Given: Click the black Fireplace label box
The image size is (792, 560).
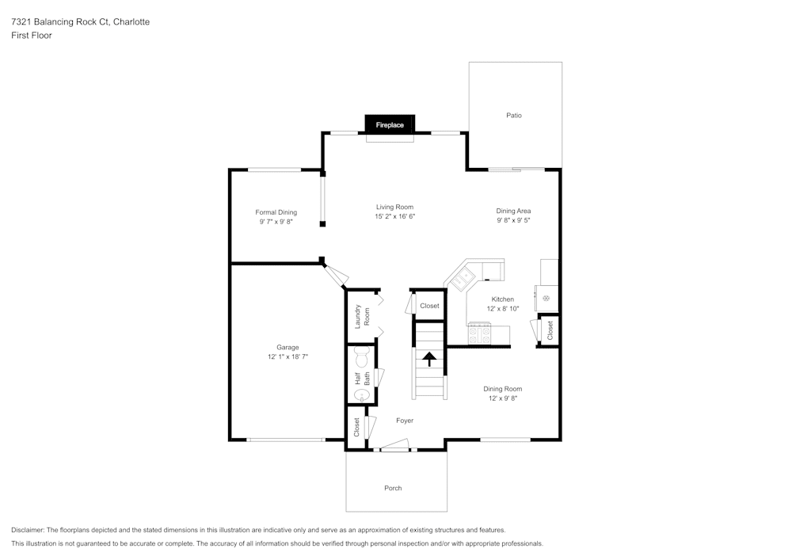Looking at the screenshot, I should point(390,125).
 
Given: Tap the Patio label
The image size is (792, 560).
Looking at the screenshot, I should point(514,116).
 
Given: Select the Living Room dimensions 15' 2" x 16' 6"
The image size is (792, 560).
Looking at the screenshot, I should point(395,216).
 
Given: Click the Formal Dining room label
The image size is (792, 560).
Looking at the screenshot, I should point(276,212).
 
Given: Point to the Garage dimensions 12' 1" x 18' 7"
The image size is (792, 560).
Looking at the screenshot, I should point(287,357).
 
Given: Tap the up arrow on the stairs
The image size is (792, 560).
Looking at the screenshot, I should point(428,360).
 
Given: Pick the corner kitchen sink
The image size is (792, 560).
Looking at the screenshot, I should point(462,277).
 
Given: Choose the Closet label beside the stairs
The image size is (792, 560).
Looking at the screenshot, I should point(429,306).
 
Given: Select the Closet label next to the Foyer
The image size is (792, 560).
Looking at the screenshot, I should point(356,428).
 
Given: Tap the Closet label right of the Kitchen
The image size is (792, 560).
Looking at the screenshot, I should point(550,330).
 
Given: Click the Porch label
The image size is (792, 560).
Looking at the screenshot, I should point(393,488).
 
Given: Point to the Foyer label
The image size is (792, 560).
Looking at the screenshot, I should point(405,421).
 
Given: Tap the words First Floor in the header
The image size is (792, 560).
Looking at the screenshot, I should point(32,36).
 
